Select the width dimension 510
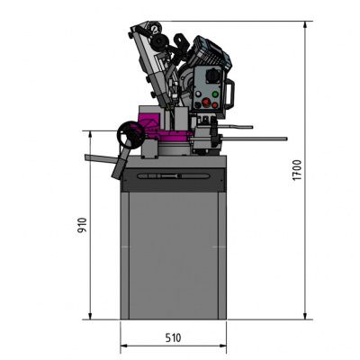pyautogui.click(x=174, y=337)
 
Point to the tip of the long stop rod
pyautogui.click(x=284, y=139)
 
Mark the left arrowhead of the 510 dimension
pyautogui.click(x=124, y=346)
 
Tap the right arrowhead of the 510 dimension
pyautogui.click(x=223, y=346)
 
